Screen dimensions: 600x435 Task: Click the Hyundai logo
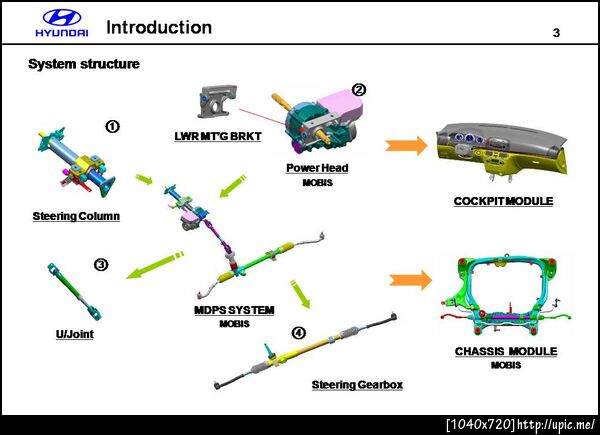[x=62, y=23]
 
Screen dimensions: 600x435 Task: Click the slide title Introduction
[x=159, y=28]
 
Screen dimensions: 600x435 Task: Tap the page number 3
[x=556, y=33]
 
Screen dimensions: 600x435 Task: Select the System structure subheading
[x=84, y=64]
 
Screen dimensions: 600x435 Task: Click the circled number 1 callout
[x=112, y=127]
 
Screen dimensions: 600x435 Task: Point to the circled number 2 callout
[x=359, y=90]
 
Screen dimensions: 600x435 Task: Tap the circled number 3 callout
[x=101, y=265]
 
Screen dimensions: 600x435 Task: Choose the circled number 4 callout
[x=299, y=332]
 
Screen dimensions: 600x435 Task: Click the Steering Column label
[x=76, y=216]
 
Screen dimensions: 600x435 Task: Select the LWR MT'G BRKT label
[x=218, y=136]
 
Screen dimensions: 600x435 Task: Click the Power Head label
[x=317, y=168]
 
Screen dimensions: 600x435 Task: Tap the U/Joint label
[x=75, y=334]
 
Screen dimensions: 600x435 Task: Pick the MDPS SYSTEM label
[x=234, y=310]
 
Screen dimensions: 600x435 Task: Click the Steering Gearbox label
[x=357, y=384]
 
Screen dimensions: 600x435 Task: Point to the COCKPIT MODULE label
[x=503, y=201]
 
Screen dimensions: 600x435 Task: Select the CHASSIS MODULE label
[x=506, y=351]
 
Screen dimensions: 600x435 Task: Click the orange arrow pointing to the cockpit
[x=406, y=146]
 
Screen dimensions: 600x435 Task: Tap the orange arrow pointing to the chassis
[x=411, y=280]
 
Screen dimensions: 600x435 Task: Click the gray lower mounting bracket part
[x=217, y=101]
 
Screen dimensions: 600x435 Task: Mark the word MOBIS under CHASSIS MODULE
[x=506, y=365]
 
